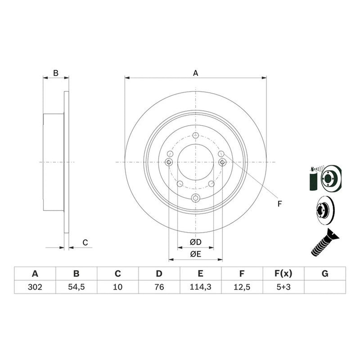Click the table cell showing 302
(x=35, y=287)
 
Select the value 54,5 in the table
(x=76, y=287)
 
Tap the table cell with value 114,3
(x=200, y=287)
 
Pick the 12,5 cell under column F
(x=242, y=287)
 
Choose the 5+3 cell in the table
(x=283, y=287)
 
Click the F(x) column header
(x=283, y=274)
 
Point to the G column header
(x=325, y=274)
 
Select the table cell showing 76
(x=159, y=287)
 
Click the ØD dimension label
(x=196, y=242)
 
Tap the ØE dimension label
(x=196, y=254)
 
